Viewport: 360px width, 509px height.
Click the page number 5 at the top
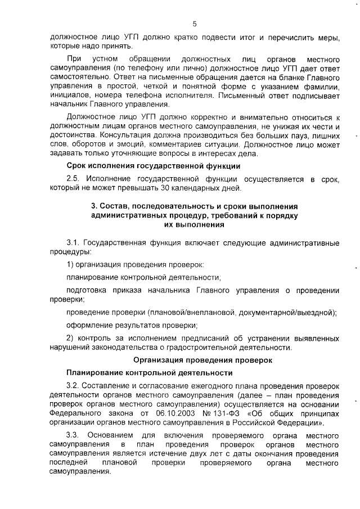click(195, 24)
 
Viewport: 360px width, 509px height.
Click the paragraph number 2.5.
click(74, 178)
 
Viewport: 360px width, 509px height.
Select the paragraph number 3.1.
click(74, 242)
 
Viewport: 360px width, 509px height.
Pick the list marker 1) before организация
click(70, 264)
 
